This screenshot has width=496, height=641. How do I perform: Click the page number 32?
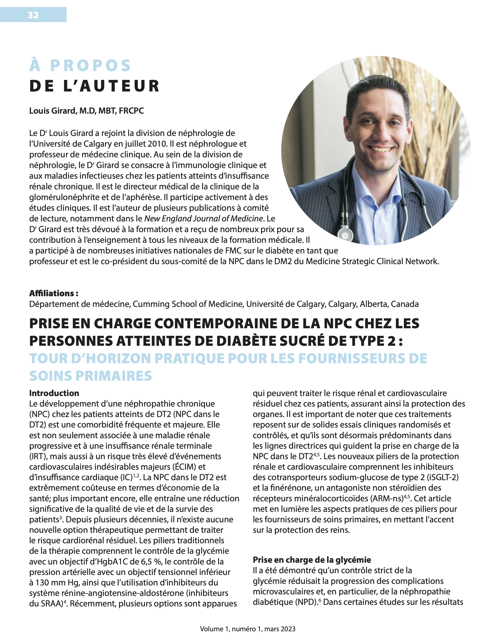33,15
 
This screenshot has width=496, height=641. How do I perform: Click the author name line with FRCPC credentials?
86,111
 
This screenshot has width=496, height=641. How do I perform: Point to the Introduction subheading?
54,393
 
